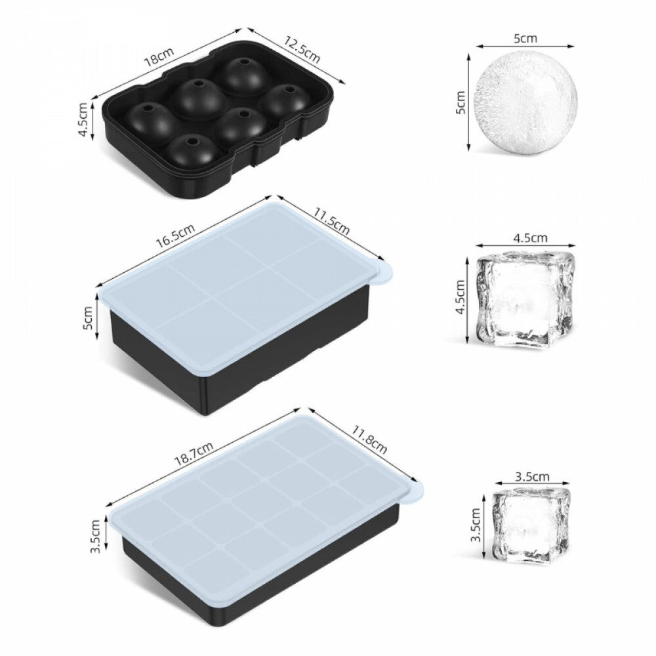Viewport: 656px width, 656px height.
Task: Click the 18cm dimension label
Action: [159, 56]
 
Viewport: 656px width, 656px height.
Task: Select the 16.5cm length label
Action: [176, 236]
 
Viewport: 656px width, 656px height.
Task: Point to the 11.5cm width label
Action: [332, 221]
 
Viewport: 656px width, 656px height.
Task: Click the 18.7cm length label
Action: [194, 453]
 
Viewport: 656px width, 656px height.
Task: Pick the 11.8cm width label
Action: [369, 440]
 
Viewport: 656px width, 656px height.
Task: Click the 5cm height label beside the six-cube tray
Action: [88, 318]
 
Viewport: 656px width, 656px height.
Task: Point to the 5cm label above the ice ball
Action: [525, 39]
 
